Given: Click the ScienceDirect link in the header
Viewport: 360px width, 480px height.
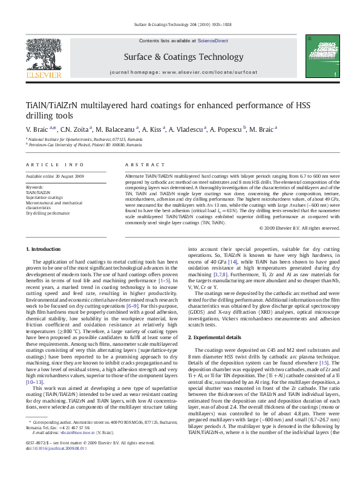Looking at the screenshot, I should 212,40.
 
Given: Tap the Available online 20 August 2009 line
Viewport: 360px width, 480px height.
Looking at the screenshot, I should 55,177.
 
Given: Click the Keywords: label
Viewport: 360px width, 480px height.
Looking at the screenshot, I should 34,187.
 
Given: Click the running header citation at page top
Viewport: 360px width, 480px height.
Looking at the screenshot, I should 180,24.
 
